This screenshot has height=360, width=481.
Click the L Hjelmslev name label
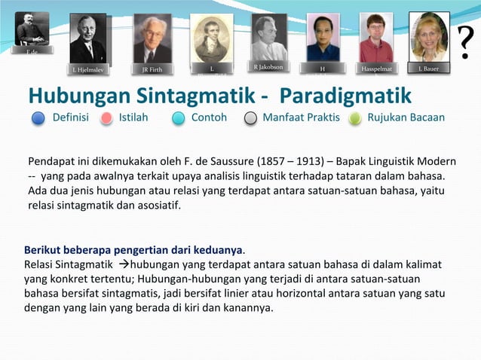click(88, 70)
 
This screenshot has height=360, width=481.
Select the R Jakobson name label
click(268, 67)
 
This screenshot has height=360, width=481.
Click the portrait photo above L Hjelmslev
click(88, 38)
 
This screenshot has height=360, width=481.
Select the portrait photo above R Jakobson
click(268, 37)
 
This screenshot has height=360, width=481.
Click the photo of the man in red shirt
click(375, 38)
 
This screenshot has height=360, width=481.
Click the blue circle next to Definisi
click(39, 118)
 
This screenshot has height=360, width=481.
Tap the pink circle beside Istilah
click(106, 118)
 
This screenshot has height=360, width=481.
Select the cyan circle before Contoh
click(178, 118)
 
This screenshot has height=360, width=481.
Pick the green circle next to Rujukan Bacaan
click(355, 118)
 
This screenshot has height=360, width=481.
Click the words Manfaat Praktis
click(301, 117)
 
